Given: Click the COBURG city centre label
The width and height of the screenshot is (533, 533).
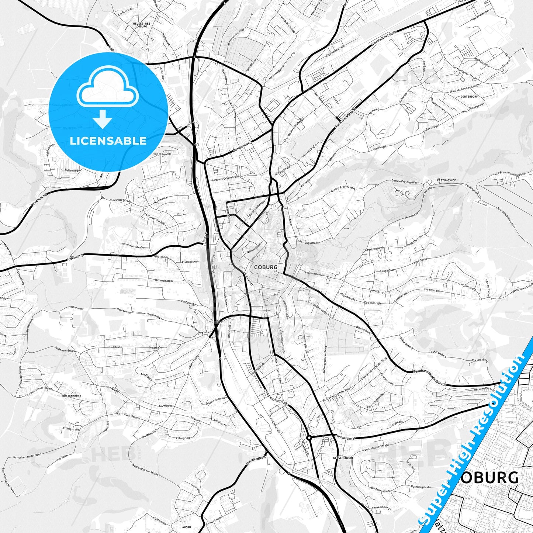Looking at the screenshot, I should click(x=265, y=267).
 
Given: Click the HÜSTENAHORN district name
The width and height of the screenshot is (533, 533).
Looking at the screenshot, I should click(x=72, y=396).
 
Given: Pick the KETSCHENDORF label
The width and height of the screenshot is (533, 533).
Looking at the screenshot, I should click(x=343, y=458).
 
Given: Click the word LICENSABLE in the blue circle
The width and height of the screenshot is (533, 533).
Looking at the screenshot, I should click(x=108, y=141).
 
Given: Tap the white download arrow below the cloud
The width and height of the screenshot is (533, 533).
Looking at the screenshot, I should click(x=103, y=119).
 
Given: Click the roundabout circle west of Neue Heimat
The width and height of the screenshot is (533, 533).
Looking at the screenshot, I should click(x=309, y=437).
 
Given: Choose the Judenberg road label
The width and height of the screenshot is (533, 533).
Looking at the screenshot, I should click(x=75, y=258).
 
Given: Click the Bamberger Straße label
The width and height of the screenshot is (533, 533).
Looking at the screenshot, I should click(x=276, y=397).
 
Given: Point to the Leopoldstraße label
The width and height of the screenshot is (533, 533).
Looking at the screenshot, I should click(x=314, y=274).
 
